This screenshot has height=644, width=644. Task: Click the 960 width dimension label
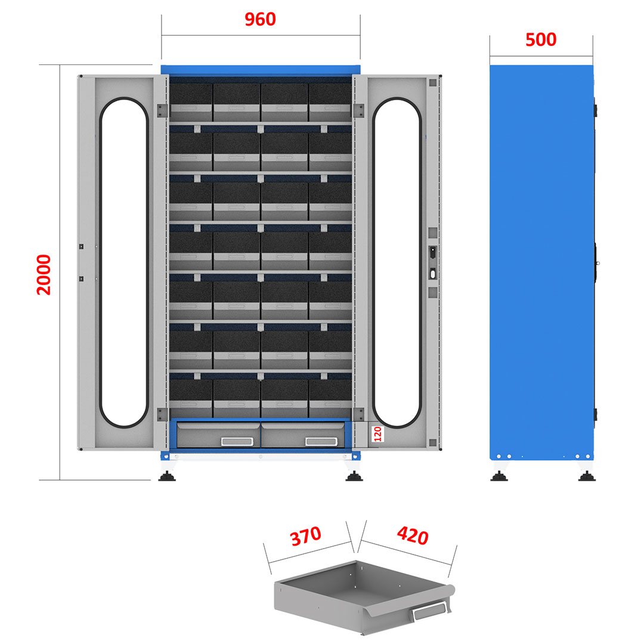point(261,20)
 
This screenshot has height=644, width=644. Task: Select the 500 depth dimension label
point(541,39)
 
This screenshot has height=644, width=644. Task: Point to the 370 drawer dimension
point(306,536)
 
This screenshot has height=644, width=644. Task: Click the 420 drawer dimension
point(411,537)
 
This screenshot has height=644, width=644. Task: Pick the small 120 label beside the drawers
point(377,434)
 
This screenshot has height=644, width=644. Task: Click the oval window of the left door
point(124,262)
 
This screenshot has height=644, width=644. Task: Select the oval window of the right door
point(397,262)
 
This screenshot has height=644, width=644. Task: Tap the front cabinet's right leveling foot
point(354,476)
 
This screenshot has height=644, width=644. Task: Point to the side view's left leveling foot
point(499,476)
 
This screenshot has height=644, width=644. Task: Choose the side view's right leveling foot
point(586,476)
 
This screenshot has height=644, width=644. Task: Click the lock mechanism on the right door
point(432,263)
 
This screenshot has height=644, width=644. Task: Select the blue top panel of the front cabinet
point(261,70)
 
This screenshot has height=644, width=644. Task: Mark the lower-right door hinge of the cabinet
point(358,414)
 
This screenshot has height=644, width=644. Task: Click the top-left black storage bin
point(191,94)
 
